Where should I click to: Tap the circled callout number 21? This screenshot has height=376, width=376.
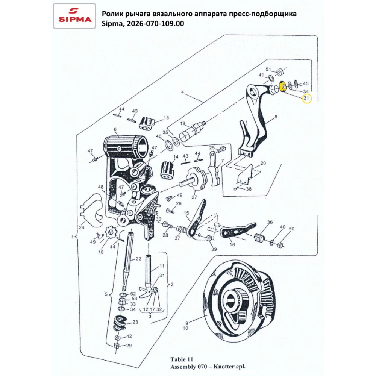(306, 99)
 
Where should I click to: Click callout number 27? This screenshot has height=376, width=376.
(194, 197)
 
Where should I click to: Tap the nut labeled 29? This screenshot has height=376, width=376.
(117, 346)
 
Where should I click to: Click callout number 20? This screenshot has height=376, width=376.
(263, 163)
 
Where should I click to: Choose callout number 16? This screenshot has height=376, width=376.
(232, 244)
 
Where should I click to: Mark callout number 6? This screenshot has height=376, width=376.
(116, 129)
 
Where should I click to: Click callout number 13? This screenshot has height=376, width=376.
(166, 118)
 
